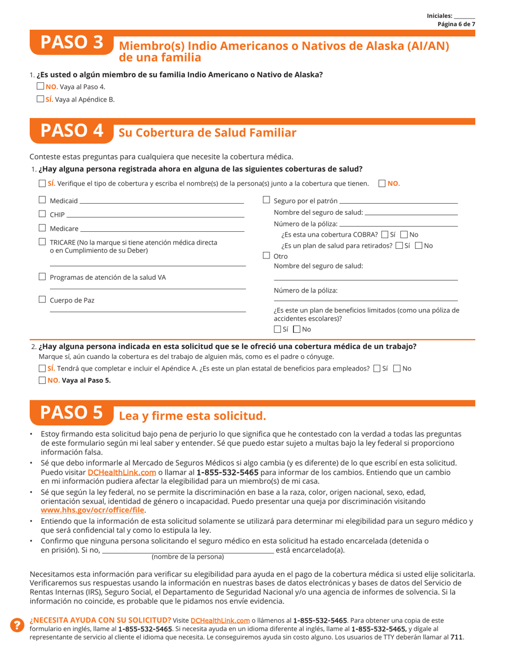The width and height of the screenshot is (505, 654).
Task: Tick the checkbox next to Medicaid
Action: click(43, 200)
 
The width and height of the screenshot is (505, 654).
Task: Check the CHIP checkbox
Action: click(43, 214)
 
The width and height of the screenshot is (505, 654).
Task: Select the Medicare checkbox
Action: click(43, 228)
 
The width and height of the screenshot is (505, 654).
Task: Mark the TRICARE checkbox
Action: click(43, 242)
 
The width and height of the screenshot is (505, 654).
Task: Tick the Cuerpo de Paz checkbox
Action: click(43, 300)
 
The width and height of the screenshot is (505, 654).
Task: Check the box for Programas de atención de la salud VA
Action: click(43, 276)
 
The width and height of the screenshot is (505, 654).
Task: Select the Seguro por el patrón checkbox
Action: click(266, 200)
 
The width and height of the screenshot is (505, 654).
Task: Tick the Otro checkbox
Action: click(266, 256)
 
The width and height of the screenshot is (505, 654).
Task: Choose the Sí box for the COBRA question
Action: click(385, 234)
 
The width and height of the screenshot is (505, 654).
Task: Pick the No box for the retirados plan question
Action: click(418, 246)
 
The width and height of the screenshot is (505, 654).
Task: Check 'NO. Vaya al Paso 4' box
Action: click(40, 86)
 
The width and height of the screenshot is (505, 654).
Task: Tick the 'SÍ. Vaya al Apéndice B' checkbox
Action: click(40, 98)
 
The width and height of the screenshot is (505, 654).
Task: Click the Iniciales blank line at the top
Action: click(465, 16)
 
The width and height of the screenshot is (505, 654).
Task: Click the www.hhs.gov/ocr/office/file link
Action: click(92, 509)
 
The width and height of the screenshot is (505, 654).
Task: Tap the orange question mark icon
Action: click(17, 625)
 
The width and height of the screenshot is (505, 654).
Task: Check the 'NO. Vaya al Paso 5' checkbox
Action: click(43, 380)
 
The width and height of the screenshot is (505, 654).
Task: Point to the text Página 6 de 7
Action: click(456, 24)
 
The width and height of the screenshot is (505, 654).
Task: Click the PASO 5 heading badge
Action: click(71, 413)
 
